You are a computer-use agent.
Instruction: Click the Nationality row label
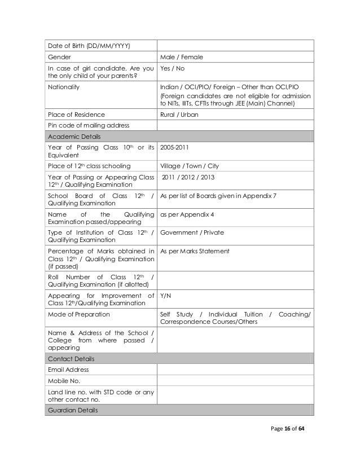64,88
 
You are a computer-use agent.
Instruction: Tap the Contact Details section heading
71,359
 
